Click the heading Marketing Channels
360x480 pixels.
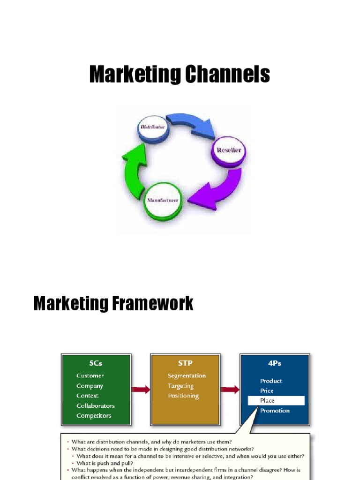(x=180, y=75)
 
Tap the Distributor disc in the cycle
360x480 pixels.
(x=153, y=128)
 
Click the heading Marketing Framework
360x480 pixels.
(x=113, y=303)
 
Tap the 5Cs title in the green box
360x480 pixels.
(x=96, y=363)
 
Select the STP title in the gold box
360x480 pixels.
(x=185, y=363)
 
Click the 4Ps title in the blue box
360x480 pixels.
(x=274, y=363)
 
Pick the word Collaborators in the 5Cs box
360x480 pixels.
(x=96, y=406)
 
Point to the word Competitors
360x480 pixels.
(x=94, y=416)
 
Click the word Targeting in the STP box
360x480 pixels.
(x=181, y=386)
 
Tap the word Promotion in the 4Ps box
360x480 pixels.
(x=275, y=411)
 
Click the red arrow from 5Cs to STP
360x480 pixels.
(x=141, y=389)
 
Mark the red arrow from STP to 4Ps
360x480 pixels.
(x=230, y=389)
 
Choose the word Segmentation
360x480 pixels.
(x=187, y=376)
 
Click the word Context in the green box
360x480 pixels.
(x=88, y=396)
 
